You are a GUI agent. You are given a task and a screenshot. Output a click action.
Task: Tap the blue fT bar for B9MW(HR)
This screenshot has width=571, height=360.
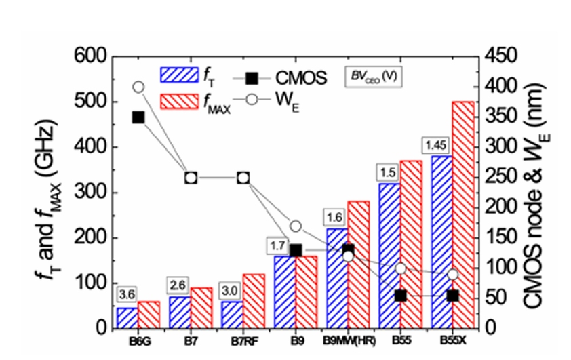[x=337, y=278]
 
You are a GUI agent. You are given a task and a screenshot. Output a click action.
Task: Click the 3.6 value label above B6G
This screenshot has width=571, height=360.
[x=126, y=296]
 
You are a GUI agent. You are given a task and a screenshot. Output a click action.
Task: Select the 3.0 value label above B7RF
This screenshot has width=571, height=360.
[x=231, y=291]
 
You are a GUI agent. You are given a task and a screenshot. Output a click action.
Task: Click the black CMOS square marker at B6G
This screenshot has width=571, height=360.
[x=138, y=117]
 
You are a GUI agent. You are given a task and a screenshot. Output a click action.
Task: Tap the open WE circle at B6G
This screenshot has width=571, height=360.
[x=138, y=87]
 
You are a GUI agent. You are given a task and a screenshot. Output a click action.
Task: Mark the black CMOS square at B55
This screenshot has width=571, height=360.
[x=401, y=296]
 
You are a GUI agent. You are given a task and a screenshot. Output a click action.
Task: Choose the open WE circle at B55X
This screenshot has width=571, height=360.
[x=453, y=275]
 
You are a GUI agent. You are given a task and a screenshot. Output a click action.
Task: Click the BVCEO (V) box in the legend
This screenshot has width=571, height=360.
[x=373, y=75]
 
